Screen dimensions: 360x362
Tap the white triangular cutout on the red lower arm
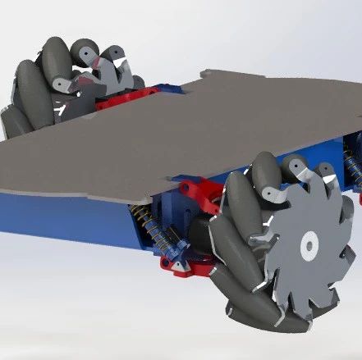[x=174, y=265]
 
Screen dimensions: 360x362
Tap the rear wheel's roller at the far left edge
[x=11, y=115]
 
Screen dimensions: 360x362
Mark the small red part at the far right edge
[x=358, y=197]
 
